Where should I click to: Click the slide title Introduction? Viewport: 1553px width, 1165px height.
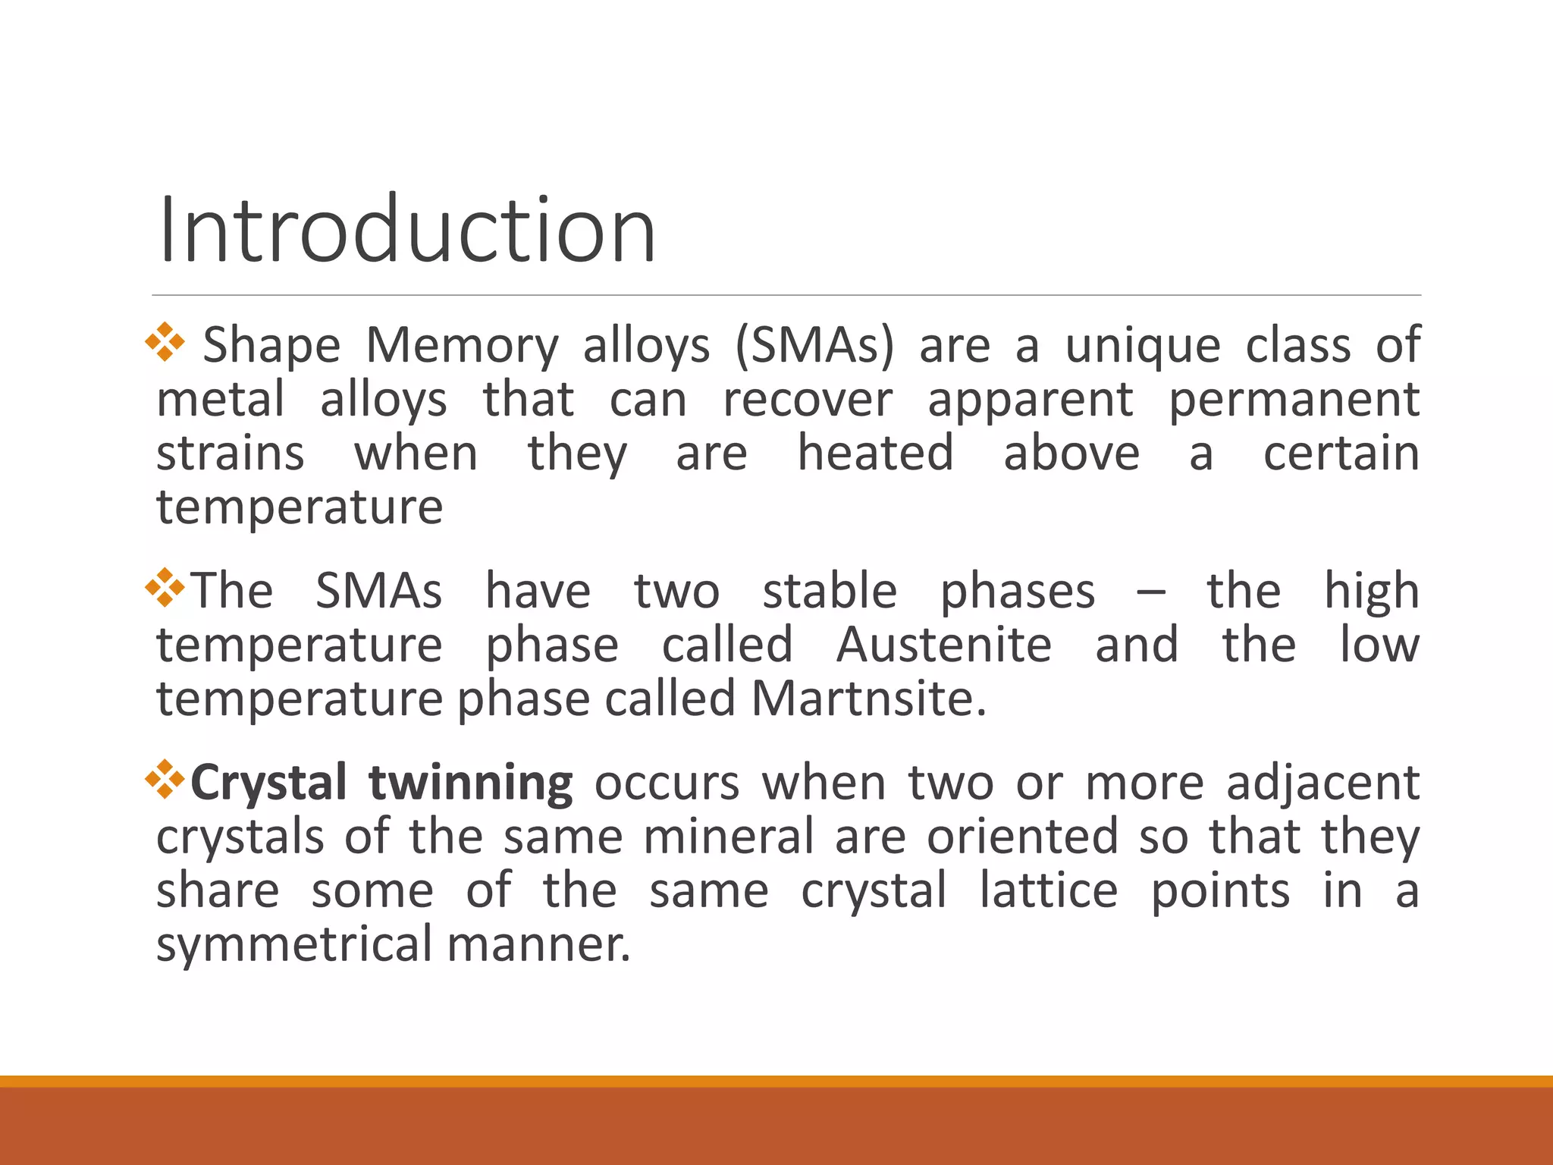pyautogui.click(x=407, y=230)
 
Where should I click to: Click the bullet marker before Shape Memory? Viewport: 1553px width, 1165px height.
pyautogui.click(x=165, y=342)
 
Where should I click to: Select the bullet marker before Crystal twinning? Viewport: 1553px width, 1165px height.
pyautogui.click(x=165, y=780)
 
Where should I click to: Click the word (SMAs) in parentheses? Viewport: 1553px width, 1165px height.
pyautogui.click(x=814, y=346)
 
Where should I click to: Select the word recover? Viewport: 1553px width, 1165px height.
pyautogui.click(x=807, y=400)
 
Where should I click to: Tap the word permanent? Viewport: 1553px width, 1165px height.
pyautogui.click(x=1294, y=401)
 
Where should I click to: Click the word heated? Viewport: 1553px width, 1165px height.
pyautogui.click(x=875, y=454)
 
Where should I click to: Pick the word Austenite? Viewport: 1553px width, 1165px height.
pyautogui.click(x=944, y=645)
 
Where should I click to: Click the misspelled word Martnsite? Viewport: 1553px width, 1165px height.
pyautogui.click(x=868, y=699)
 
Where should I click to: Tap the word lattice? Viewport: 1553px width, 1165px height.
pyautogui.click(x=1048, y=891)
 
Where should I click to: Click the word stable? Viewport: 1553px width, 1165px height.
pyautogui.click(x=830, y=592)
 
